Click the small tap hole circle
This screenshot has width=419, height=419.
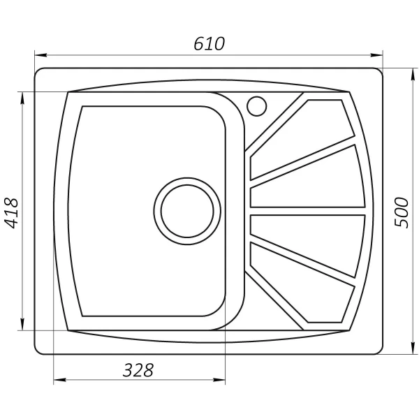[x=257, y=105]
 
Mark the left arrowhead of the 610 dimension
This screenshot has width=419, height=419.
[x=40, y=54]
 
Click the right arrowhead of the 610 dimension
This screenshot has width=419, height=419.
[x=379, y=54]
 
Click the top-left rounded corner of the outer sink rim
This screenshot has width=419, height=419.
[x=39, y=73]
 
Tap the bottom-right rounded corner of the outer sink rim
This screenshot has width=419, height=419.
[x=380, y=349]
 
